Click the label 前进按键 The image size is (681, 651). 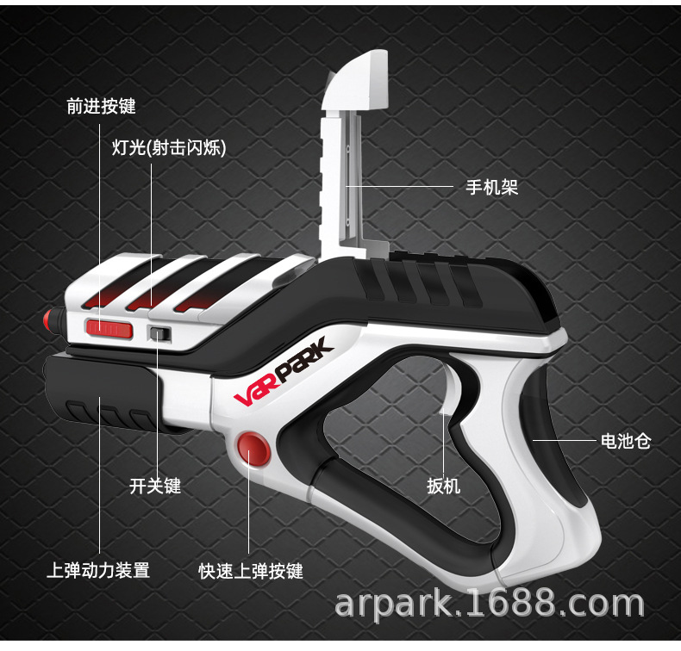[x=101, y=108]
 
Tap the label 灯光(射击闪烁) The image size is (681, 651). [x=168, y=147]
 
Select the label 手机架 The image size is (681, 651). [x=491, y=187]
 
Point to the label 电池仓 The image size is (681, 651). [x=625, y=442]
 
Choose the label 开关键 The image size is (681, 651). [x=155, y=487]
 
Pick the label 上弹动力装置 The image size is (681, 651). [x=98, y=570]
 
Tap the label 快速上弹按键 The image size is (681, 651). [x=251, y=571]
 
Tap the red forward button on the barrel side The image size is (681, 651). [x=109, y=328]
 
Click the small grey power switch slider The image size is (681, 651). [x=159, y=333]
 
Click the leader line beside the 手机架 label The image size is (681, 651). [x=400, y=186]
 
